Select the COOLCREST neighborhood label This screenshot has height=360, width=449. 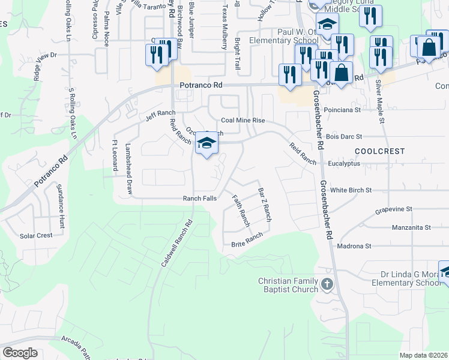tap(379, 151)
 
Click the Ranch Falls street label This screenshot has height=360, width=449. tap(200, 199)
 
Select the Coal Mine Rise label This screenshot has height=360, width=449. tap(243, 120)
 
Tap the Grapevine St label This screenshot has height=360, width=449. tap(393, 209)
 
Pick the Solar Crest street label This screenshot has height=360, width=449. tap(36, 236)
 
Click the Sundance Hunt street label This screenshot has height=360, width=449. tap(61, 206)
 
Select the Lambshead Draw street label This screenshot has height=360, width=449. tap(128, 168)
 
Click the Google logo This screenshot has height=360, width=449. tap(20, 353)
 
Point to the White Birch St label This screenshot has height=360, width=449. tap(351, 190)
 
